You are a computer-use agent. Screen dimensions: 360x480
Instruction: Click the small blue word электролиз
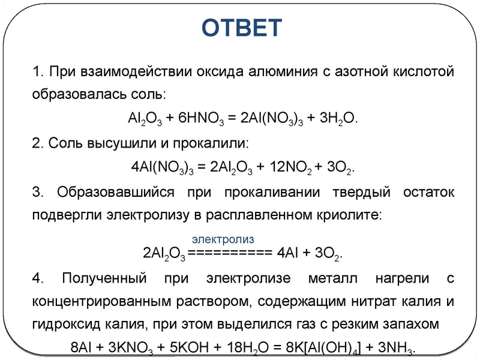[223, 238]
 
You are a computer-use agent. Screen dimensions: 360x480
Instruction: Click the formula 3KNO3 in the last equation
[134, 349]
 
